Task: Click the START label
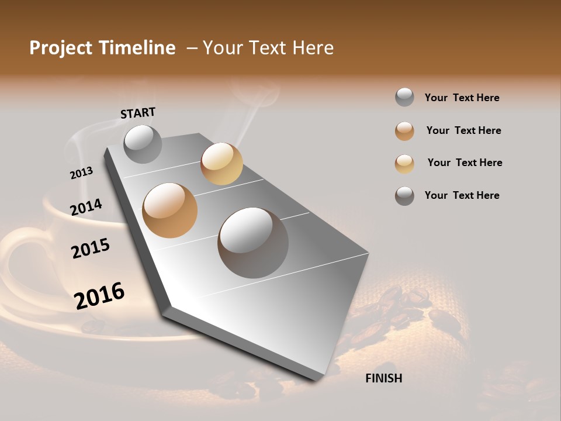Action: pyautogui.click(x=138, y=113)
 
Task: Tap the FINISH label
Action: pyautogui.click(x=383, y=378)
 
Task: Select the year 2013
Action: pyautogui.click(x=81, y=173)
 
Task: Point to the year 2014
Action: pyautogui.click(x=86, y=207)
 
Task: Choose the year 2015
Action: pyautogui.click(x=90, y=249)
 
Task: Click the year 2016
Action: pyautogui.click(x=99, y=295)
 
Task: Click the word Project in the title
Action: pyautogui.click(x=61, y=48)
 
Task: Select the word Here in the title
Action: pyautogui.click(x=313, y=48)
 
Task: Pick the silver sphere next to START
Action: pyautogui.click(x=143, y=144)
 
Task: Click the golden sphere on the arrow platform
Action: pyautogui.click(x=221, y=164)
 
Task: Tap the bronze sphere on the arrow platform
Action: pyautogui.click(x=169, y=210)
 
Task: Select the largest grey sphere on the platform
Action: pyautogui.click(x=253, y=243)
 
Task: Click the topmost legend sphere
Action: pyautogui.click(x=404, y=97)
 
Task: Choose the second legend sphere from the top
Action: pyautogui.click(x=404, y=130)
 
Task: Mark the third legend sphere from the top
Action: pyautogui.click(x=404, y=163)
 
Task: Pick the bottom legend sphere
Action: pyautogui.click(x=404, y=196)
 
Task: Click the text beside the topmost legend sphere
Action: pyautogui.click(x=462, y=98)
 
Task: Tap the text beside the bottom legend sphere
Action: pyautogui.click(x=462, y=195)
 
